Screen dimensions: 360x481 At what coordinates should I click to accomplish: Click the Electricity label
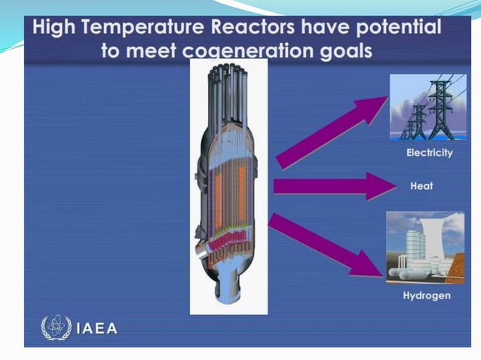point(429,153)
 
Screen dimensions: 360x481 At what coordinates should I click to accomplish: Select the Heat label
point(421,186)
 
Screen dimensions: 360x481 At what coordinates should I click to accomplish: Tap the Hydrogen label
point(427,296)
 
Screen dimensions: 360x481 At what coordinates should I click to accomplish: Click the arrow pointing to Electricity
point(332,132)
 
